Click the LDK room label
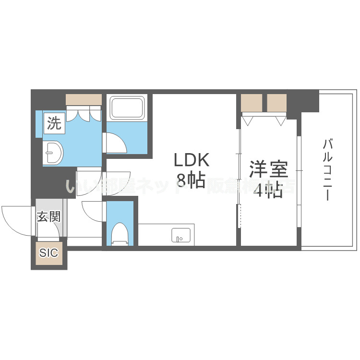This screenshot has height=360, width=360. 191,160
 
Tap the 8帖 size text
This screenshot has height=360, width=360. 191,180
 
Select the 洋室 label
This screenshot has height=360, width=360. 268,170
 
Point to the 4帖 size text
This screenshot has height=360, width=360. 268,191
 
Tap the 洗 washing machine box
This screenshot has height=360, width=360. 53,124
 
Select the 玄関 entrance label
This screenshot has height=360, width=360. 49,216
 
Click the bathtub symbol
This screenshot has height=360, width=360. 127,108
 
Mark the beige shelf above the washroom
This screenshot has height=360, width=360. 84,99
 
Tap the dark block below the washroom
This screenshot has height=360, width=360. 53,182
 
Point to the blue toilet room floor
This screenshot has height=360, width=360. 120,214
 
